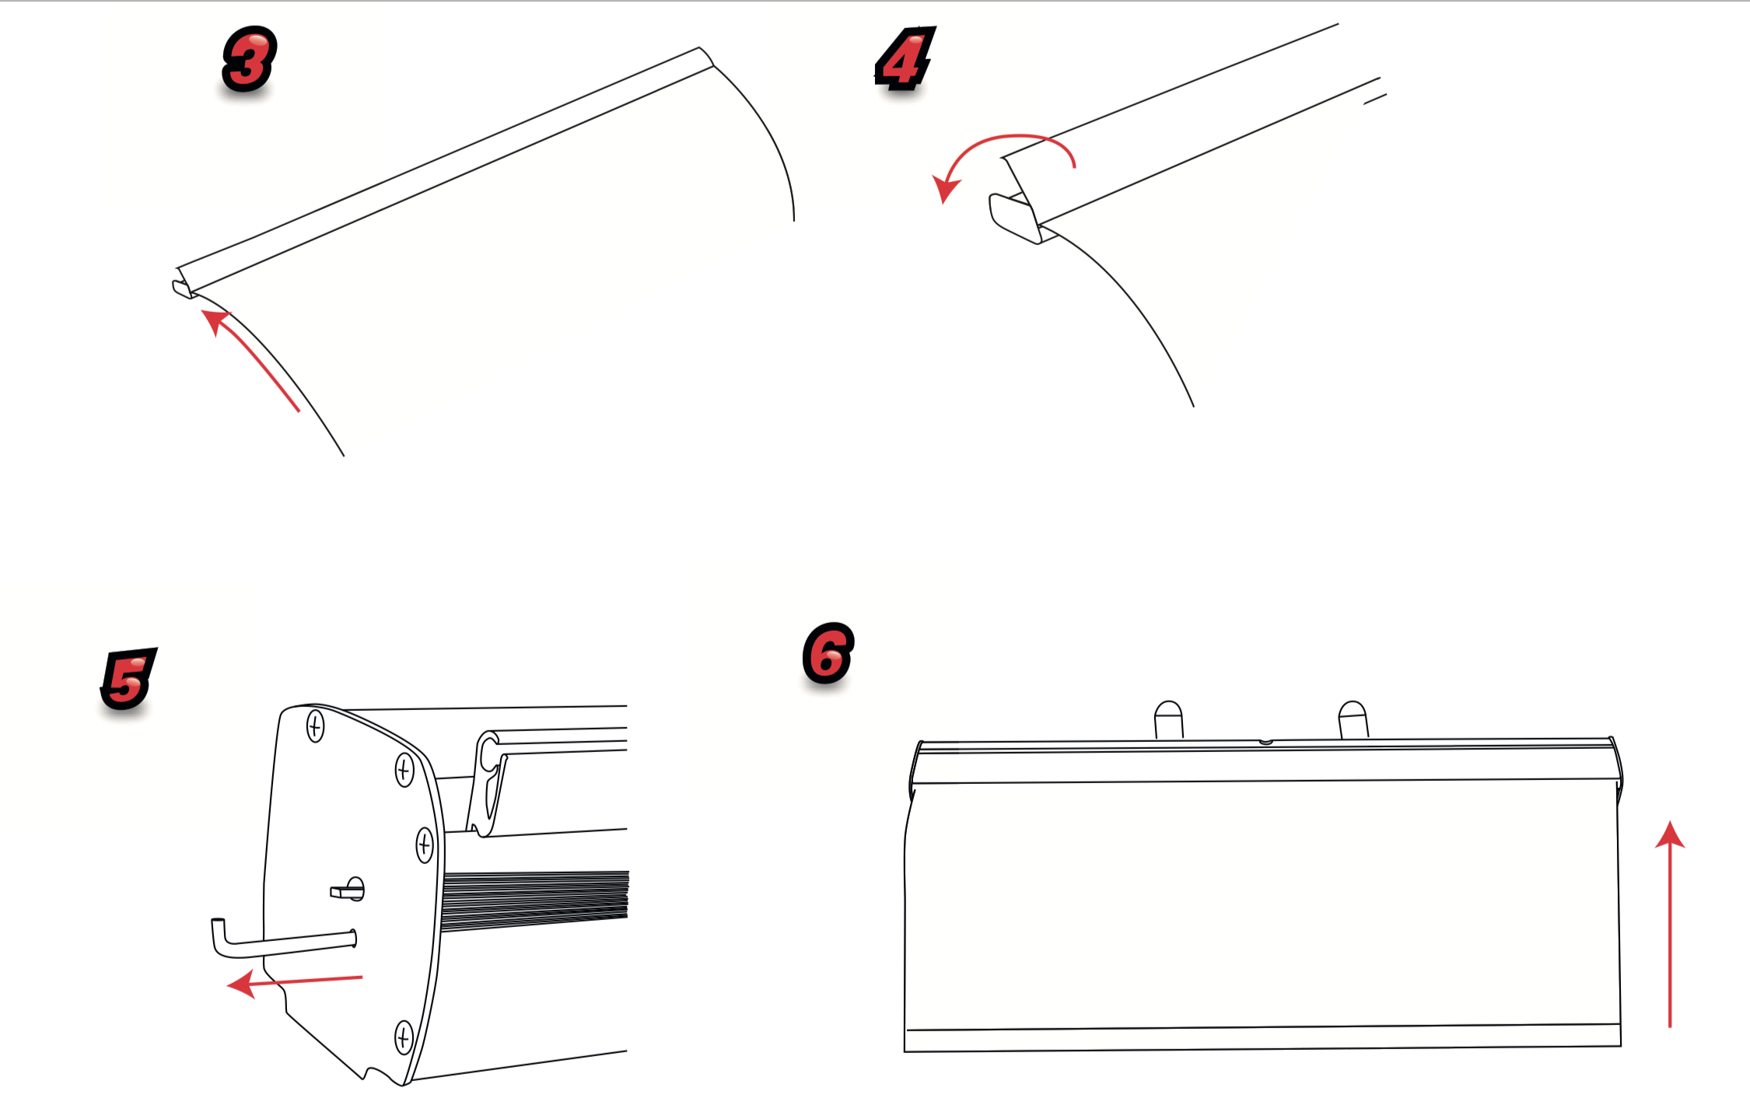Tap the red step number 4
(905, 59)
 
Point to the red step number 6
(828, 654)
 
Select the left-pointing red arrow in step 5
(295, 982)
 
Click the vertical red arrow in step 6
(1670, 924)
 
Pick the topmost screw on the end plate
(315, 726)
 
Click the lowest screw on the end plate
(404, 1037)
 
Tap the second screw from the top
(404, 770)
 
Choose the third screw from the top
(425, 845)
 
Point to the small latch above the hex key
(348, 889)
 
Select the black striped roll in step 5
(534, 901)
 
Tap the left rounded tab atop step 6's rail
(1168, 719)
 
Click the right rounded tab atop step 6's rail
(1353, 719)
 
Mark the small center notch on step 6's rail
(1266, 742)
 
